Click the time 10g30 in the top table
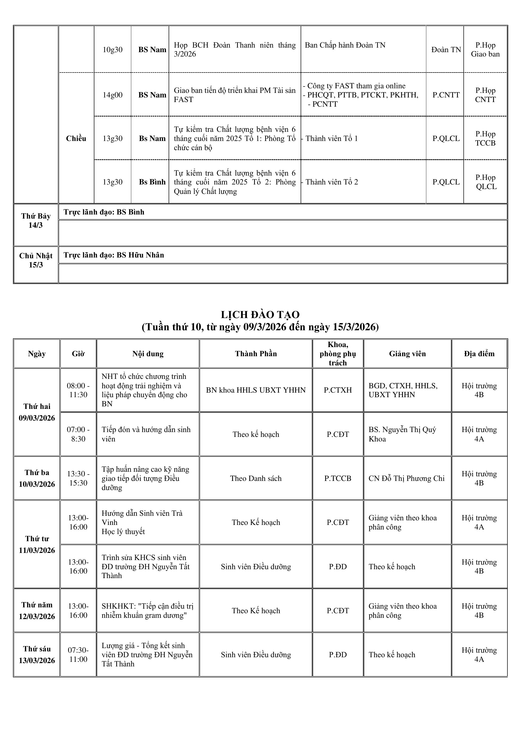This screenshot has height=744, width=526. click(x=112, y=50)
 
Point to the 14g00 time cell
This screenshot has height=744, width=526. click(x=112, y=95)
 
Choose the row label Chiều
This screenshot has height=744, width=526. click(x=76, y=138)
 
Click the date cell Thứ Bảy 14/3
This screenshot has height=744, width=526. click(x=36, y=221)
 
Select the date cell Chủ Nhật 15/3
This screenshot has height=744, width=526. click(x=36, y=260)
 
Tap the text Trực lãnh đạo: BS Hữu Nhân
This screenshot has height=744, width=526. click(x=114, y=255)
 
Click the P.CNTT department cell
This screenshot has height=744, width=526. click(x=446, y=95)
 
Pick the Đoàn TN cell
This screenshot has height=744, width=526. click(x=446, y=50)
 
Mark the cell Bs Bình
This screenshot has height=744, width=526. click(x=152, y=182)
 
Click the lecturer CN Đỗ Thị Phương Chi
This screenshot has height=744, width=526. click(x=406, y=478)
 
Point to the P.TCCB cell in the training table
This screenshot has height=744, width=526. click(x=338, y=478)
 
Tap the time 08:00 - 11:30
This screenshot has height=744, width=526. click(x=78, y=390)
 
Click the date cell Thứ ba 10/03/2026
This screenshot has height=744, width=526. click(x=37, y=478)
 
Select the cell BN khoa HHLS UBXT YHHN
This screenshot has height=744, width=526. click(x=256, y=390)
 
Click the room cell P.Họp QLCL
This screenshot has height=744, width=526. click(x=486, y=182)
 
